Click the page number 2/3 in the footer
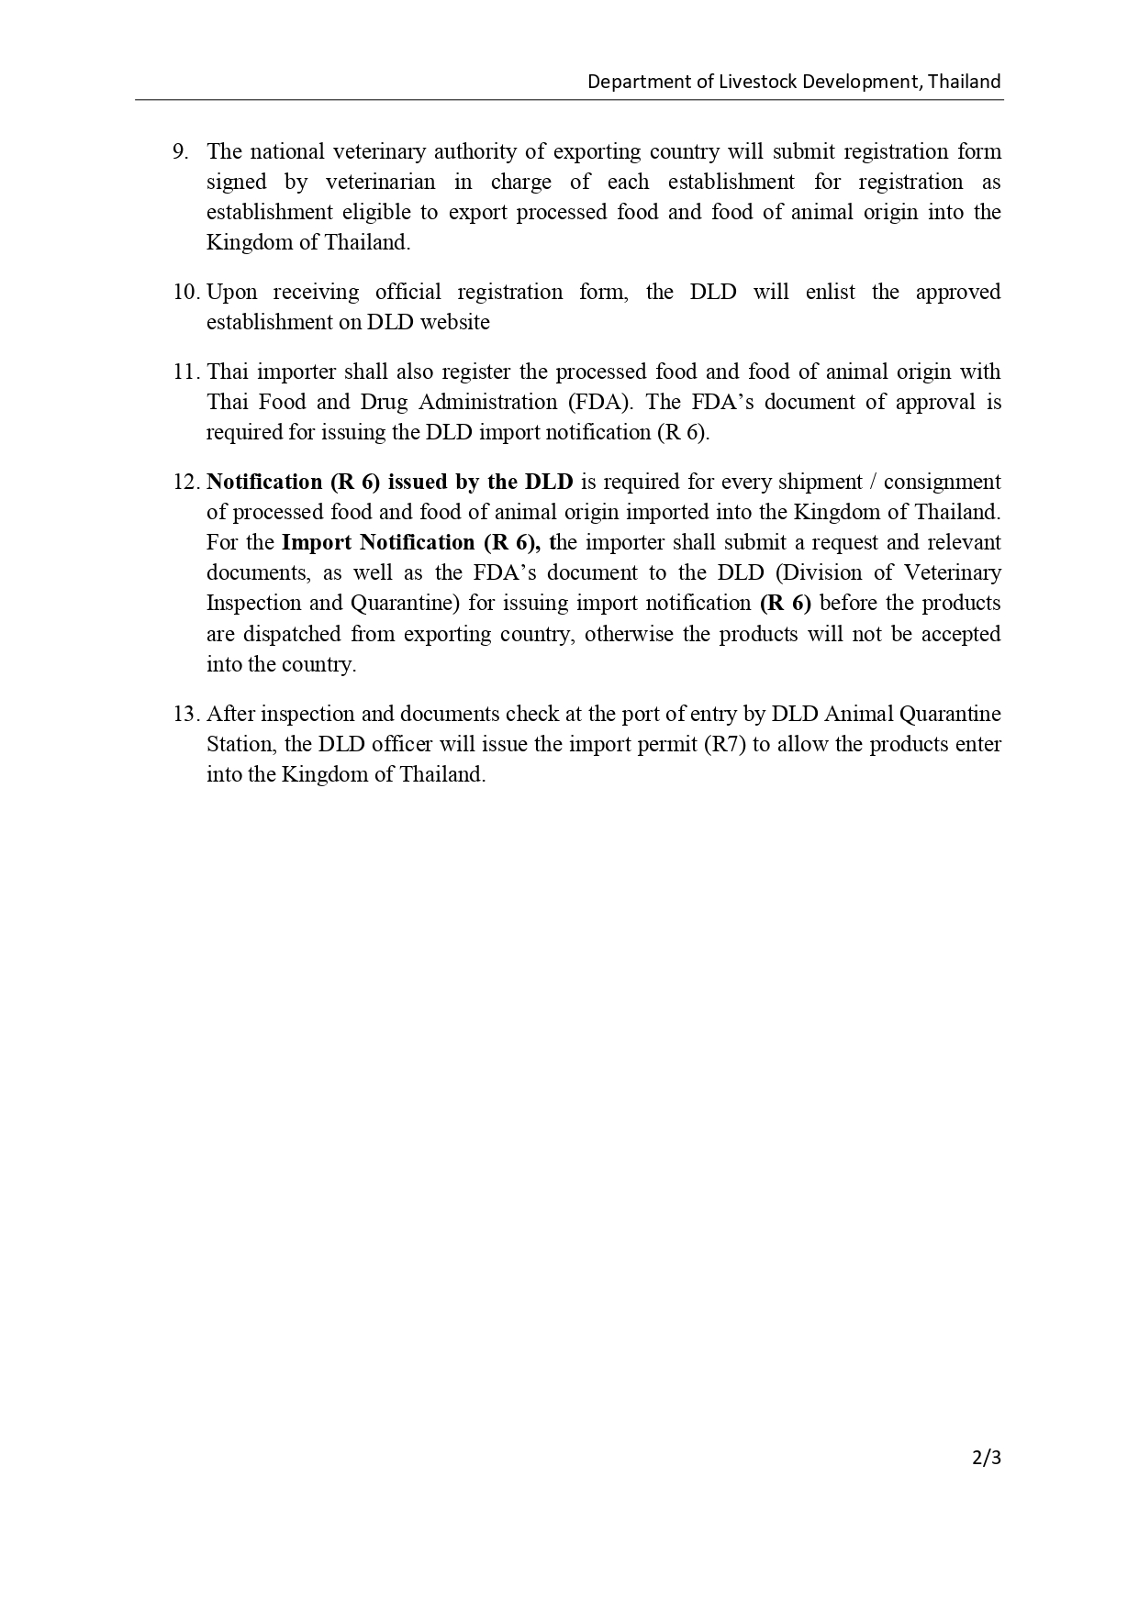(987, 1457)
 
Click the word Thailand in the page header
(964, 82)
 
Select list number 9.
(180, 151)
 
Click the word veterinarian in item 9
(380, 182)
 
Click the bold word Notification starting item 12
(264, 483)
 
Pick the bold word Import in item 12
(316, 543)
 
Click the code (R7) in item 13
(724, 745)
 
